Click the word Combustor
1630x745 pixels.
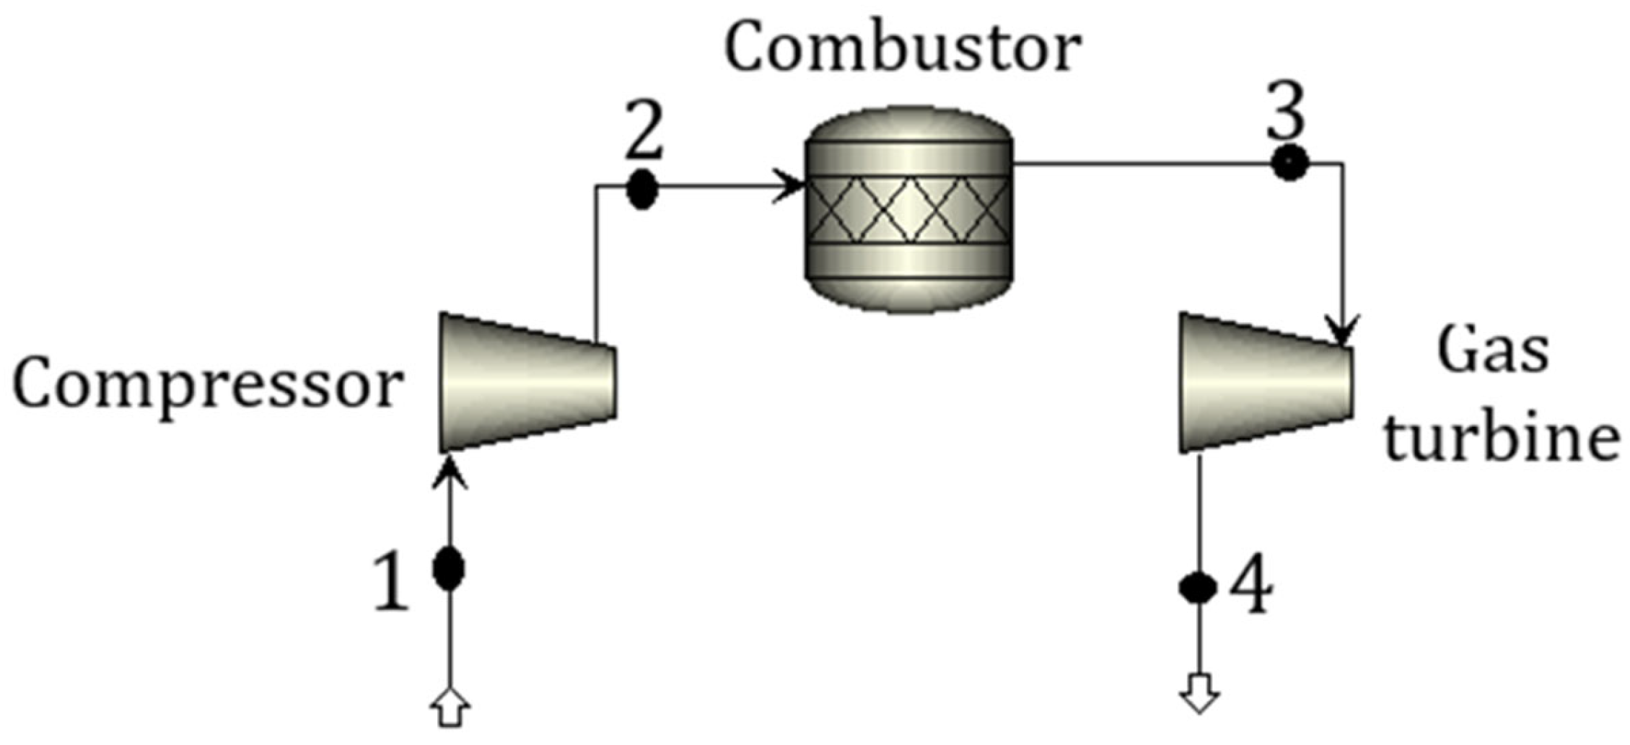(903, 49)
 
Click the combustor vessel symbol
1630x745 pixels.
(908, 209)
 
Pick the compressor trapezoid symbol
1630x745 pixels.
(527, 382)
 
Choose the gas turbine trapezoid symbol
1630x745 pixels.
(1266, 382)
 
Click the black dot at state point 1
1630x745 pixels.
(449, 568)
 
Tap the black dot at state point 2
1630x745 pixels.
(641, 189)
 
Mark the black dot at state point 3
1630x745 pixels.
(1289, 163)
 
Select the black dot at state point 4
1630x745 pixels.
(1199, 588)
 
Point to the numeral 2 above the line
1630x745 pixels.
(644, 130)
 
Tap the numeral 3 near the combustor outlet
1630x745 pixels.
(1287, 113)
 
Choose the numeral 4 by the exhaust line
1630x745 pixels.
(1251, 584)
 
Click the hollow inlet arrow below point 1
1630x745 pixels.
(450, 709)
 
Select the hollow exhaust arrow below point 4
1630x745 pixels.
(1199, 693)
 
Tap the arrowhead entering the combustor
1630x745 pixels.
(791, 187)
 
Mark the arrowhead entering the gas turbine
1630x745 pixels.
(1342, 330)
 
